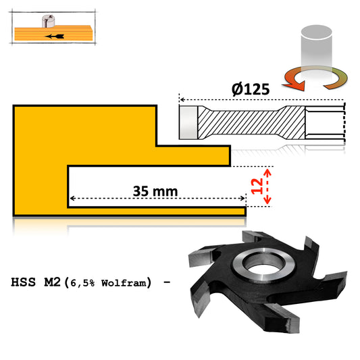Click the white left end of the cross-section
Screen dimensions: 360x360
click(188, 122)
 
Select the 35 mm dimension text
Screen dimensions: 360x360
click(155, 191)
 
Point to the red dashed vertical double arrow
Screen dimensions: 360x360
click(267, 186)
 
